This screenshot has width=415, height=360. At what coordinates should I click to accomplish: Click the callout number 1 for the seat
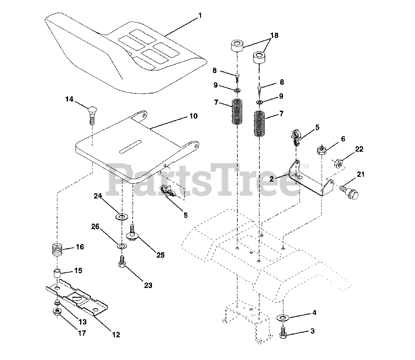click(x=200, y=15)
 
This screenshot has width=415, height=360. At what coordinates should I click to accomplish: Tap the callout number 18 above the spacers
click(x=274, y=36)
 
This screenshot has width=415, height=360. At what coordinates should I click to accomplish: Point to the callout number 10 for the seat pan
click(x=193, y=116)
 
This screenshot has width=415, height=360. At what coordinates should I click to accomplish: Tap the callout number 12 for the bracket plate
click(x=116, y=335)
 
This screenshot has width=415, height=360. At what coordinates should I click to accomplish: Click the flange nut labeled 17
click(x=56, y=313)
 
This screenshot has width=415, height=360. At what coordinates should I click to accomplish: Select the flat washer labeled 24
click(x=122, y=216)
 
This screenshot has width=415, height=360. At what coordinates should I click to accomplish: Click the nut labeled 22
click(x=338, y=164)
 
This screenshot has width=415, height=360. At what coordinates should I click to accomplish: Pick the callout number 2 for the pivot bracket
click(x=271, y=179)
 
